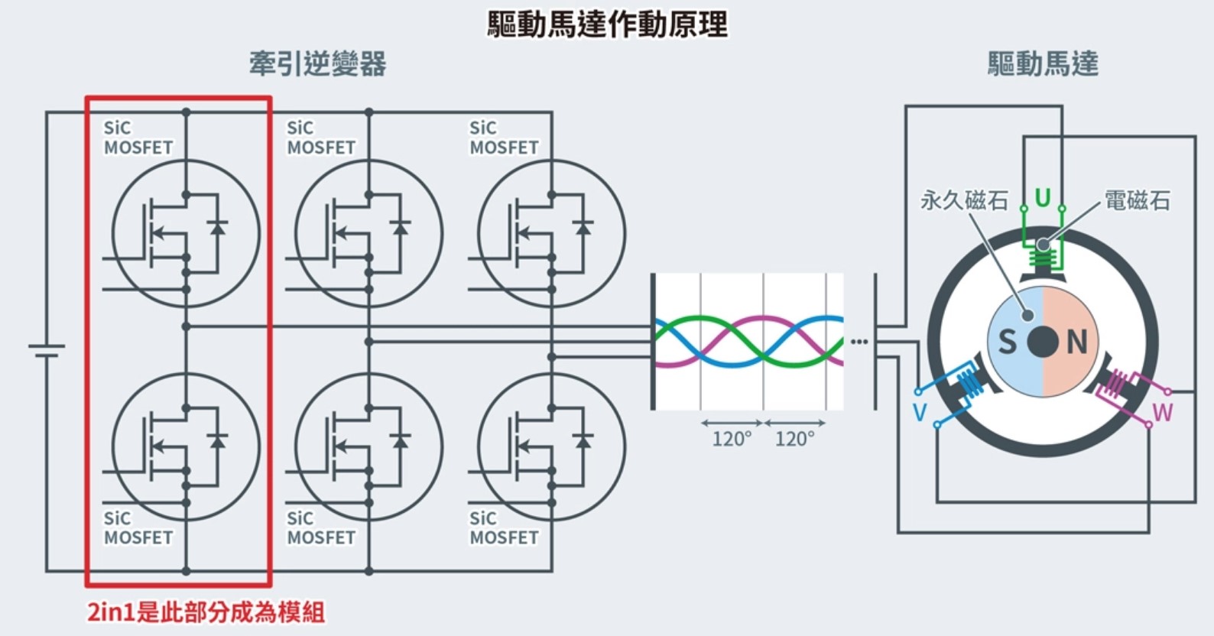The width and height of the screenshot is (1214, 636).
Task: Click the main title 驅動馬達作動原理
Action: click(x=608, y=24)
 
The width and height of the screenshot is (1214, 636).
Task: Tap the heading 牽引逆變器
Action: click(x=318, y=64)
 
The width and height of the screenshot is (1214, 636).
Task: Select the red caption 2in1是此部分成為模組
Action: click(x=206, y=612)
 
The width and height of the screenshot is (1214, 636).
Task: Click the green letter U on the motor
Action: click(x=1043, y=198)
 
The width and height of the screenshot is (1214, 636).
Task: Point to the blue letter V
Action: click(x=920, y=413)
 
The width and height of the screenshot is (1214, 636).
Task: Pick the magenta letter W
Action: click(x=1163, y=413)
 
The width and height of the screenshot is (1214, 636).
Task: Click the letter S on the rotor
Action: click(x=1007, y=342)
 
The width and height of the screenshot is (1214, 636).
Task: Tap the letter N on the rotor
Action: click(x=1077, y=342)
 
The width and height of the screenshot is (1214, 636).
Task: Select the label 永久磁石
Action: click(x=964, y=200)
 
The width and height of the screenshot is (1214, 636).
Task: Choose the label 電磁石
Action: click(x=1137, y=200)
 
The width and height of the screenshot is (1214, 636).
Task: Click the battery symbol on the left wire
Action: click(x=47, y=351)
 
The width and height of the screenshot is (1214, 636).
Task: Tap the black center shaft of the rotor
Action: click(x=1043, y=342)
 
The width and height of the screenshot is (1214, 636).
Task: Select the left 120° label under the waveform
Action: click(x=732, y=439)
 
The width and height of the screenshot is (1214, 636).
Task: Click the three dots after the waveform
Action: click(x=859, y=342)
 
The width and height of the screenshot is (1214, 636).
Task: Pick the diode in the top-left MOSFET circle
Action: click(x=218, y=228)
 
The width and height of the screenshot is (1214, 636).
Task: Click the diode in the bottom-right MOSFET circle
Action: click(x=583, y=441)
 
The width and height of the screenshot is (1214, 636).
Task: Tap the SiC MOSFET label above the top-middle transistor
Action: click(x=321, y=138)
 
